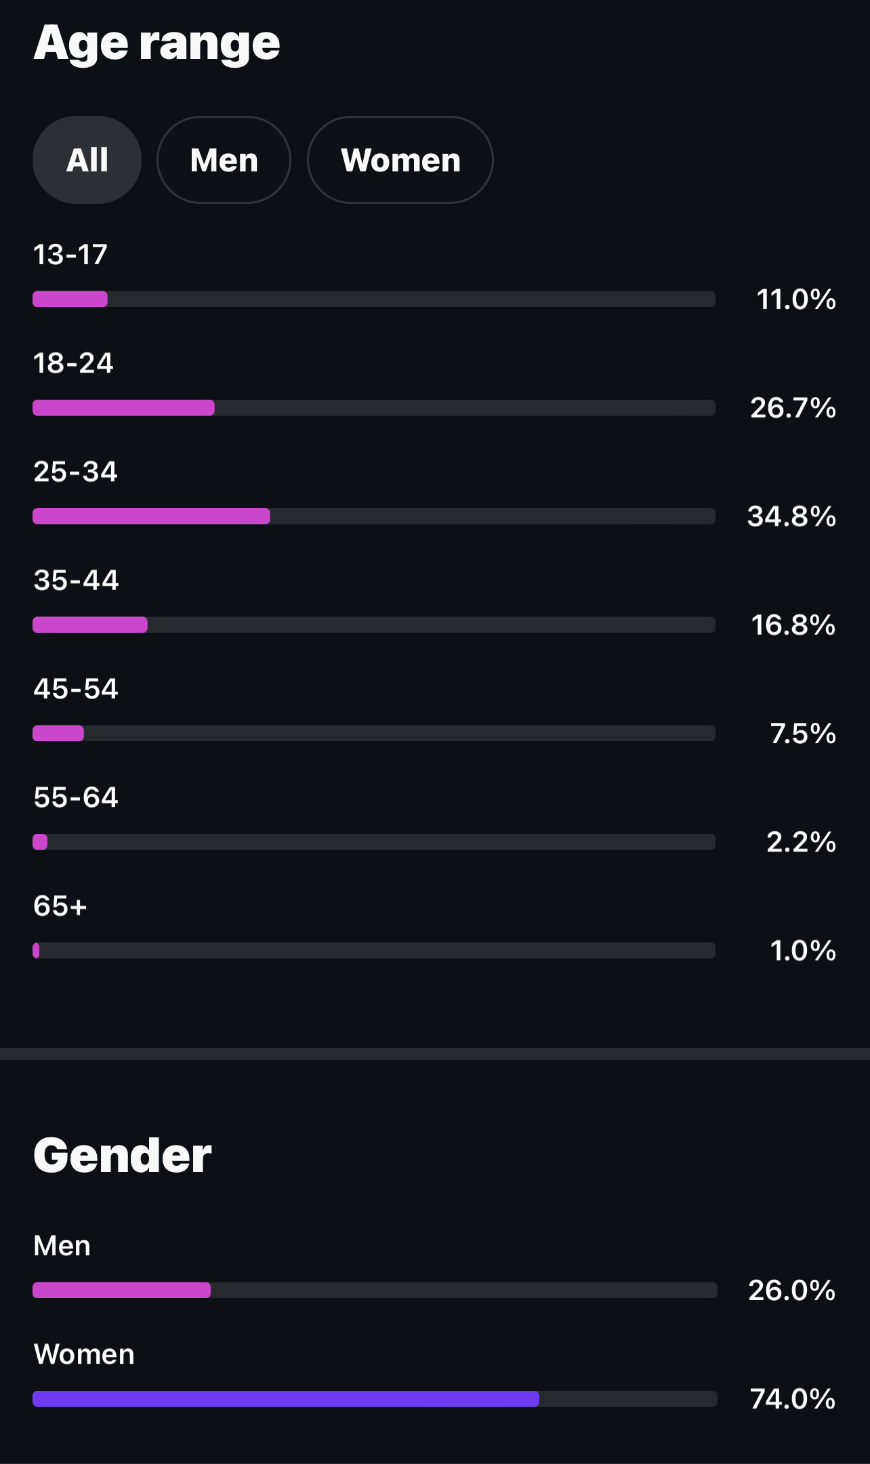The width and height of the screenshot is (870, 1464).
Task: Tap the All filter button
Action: pos(87,160)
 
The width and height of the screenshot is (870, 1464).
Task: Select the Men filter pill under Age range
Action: pos(224,160)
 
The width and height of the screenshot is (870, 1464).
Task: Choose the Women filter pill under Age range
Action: pos(400,160)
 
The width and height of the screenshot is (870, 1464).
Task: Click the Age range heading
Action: pos(157,43)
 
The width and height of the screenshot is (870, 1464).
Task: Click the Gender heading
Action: pos(122,1155)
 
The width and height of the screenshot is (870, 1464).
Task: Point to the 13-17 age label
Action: pos(70,255)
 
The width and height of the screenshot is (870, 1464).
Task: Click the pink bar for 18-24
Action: pos(123,408)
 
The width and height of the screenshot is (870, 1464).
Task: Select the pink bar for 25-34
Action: pos(151,516)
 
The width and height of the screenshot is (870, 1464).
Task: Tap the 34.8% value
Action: pos(791,516)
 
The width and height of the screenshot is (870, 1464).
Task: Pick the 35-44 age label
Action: pos(76,580)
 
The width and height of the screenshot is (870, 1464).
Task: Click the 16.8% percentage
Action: pos(793,625)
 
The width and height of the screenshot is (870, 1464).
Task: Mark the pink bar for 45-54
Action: pos(58,733)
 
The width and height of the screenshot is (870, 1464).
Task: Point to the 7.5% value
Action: pos(803,734)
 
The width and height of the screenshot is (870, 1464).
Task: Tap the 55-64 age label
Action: pos(76,797)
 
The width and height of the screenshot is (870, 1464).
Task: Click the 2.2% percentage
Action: pos(801,842)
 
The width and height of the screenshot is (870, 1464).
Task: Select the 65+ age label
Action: pos(60,906)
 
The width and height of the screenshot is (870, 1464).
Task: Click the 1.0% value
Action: pos(803,950)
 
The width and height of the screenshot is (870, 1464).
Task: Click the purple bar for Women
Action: pos(285,1399)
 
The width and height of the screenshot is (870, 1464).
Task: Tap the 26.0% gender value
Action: pos(791,1291)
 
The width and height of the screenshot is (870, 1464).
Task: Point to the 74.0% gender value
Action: pos(793,1399)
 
